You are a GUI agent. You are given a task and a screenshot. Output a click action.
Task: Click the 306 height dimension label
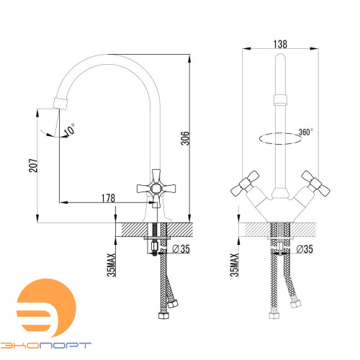[185, 138]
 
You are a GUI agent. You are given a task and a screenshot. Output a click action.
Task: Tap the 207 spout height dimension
[33, 166]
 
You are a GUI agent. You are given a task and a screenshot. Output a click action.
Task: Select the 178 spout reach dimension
[108, 198]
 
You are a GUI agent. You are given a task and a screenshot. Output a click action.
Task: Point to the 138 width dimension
[280, 44]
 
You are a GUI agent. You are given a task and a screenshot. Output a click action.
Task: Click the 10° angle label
[70, 130]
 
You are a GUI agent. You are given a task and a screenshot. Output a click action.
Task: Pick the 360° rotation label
[305, 132]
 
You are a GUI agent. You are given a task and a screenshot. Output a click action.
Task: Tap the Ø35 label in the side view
[181, 248]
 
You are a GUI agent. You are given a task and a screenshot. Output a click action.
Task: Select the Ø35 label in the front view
[305, 249]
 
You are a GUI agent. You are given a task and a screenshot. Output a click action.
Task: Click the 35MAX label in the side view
[112, 265]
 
